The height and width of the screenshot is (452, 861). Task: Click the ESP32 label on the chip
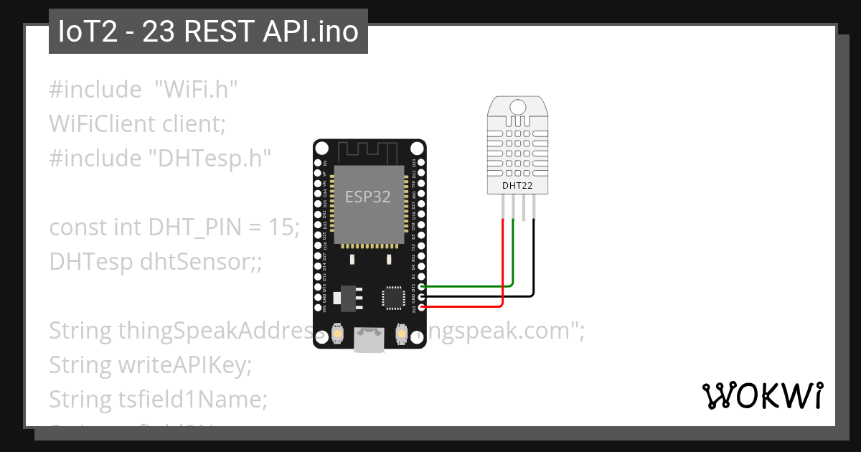(x=368, y=197)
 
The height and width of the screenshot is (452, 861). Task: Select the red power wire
(x=466, y=307)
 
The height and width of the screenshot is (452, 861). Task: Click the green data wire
(x=466, y=286)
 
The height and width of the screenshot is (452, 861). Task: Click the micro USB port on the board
(x=370, y=340)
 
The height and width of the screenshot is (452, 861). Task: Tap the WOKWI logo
(x=763, y=395)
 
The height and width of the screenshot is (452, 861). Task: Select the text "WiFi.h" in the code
(x=196, y=90)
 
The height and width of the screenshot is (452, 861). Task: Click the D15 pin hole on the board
(x=421, y=286)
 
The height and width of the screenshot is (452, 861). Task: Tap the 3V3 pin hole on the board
(x=421, y=307)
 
